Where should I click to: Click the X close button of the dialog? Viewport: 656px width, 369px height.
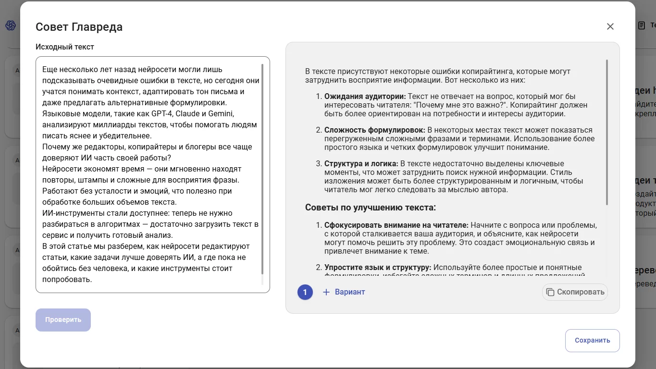(x=610, y=26)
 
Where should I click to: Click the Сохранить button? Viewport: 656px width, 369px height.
(x=592, y=341)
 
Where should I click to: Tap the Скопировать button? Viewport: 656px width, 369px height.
(x=575, y=292)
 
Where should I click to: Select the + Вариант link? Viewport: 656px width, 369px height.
(x=344, y=292)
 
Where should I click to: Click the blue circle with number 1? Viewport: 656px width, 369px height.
(x=305, y=292)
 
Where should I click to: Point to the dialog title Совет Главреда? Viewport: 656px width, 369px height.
(x=79, y=27)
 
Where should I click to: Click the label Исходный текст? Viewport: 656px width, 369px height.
(x=65, y=47)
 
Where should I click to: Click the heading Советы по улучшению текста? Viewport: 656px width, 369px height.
(x=371, y=208)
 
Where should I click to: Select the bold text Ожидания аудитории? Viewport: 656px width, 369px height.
(x=365, y=97)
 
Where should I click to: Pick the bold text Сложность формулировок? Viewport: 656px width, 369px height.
(x=374, y=130)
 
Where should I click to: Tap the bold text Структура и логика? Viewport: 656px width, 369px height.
(x=361, y=164)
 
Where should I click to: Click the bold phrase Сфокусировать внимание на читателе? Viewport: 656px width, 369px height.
(x=396, y=225)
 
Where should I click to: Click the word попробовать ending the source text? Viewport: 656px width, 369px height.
(x=67, y=280)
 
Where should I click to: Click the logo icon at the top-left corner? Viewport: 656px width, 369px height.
(x=11, y=25)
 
